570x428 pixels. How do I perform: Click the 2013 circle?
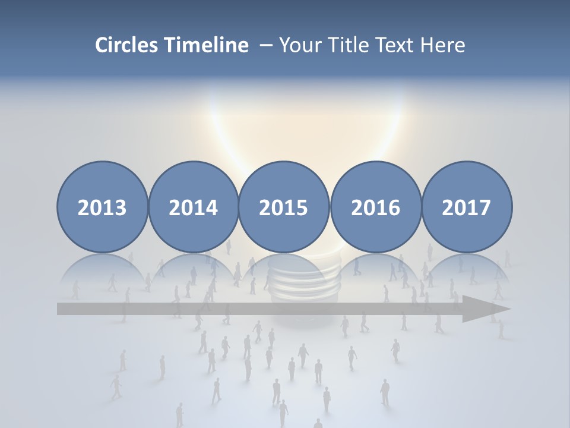point(102,207)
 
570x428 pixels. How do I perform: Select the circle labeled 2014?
point(193,207)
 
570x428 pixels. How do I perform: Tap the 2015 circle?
point(284,207)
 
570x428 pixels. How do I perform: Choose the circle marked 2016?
point(375,207)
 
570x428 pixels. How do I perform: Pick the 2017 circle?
point(466,207)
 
